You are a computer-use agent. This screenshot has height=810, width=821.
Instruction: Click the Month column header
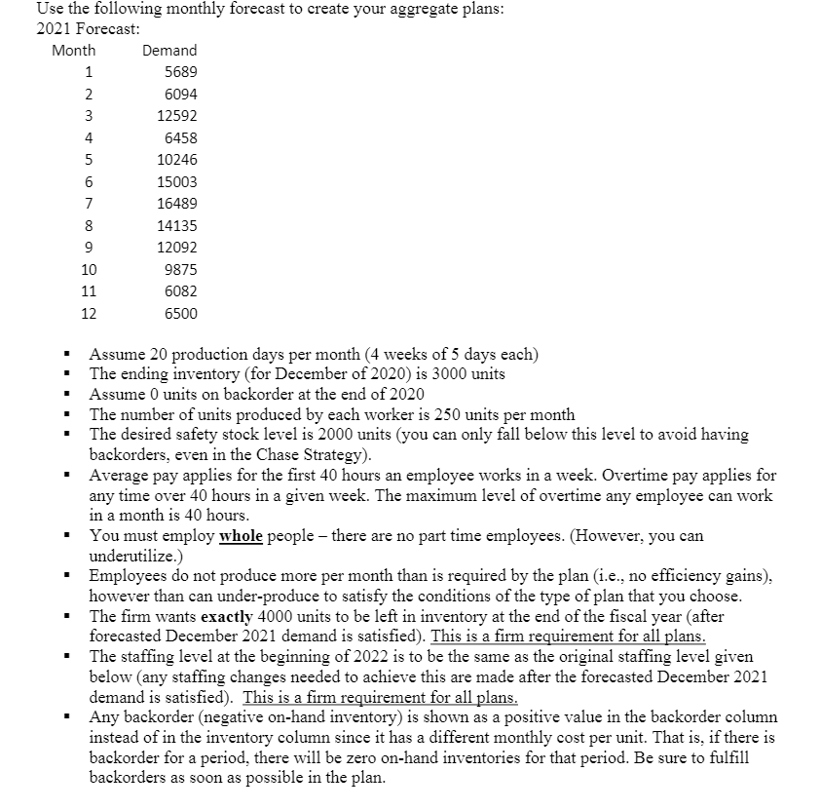point(74,50)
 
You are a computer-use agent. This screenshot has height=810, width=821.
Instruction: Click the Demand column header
point(169,50)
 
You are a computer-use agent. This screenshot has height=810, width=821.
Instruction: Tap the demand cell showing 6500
point(180,314)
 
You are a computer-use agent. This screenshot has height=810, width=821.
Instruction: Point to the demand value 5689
point(180,72)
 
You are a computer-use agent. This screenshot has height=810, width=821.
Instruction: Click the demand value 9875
point(180,270)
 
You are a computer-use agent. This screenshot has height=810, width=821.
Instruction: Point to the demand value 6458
point(180,138)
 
